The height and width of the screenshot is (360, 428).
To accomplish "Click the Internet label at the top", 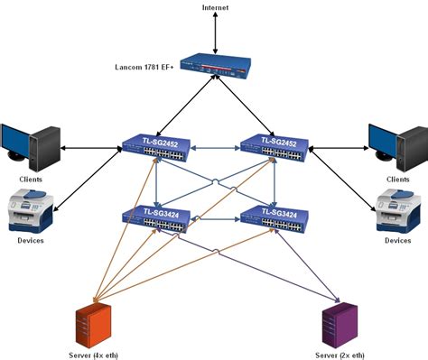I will click(215, 7).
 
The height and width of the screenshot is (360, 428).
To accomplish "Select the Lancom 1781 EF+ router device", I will click(215, 65).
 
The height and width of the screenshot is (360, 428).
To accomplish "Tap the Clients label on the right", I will click(397, 179).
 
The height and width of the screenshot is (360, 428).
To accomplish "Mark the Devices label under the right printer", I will click(397, 241).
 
